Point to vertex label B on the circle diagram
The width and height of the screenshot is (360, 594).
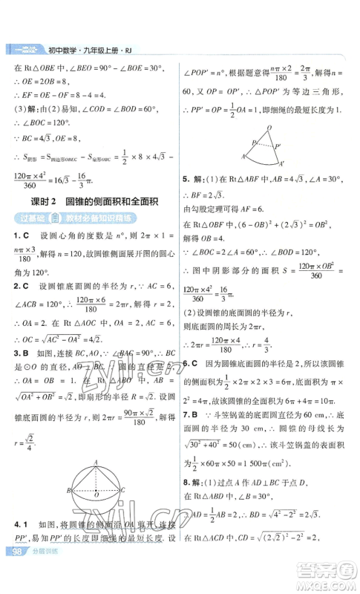[68, 491]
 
